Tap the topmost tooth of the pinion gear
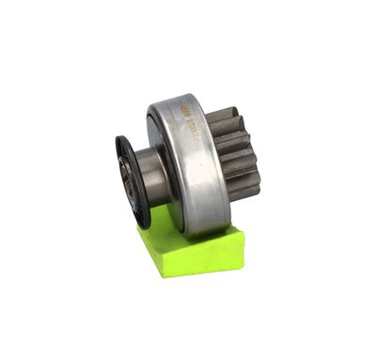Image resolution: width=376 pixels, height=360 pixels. pos(224,116)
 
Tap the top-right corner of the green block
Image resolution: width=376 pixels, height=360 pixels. pos(243,230)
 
